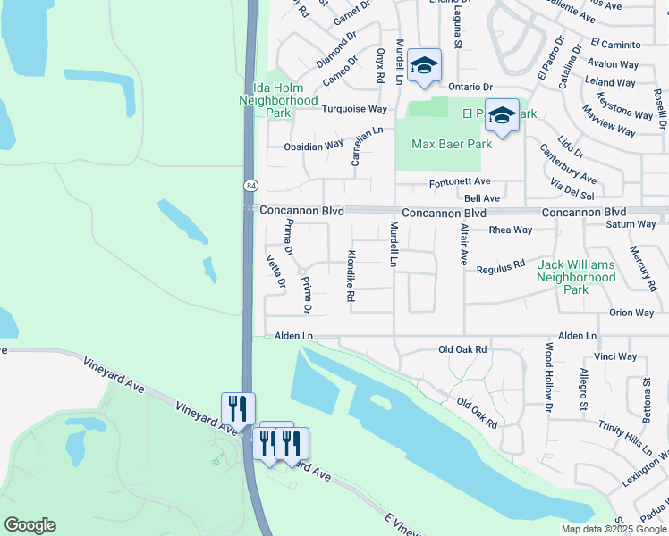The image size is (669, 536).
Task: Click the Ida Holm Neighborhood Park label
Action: (x=278, y=101)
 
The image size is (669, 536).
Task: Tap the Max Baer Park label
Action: (x=452, y=144)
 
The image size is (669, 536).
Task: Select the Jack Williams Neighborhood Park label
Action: (x=576, y=278)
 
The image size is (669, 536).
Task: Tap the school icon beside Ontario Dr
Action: (x=424, y=65)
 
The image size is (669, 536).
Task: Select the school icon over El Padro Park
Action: (x=502, y=116)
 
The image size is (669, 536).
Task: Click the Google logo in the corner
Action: (x=30, y=525)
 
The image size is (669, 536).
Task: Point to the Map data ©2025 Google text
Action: (x=614, y=529)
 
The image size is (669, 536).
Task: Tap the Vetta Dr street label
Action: (x=275, y=272)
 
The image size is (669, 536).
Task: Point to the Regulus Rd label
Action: (x=500, y=268)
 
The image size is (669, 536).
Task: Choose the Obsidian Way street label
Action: (x=313, y=146)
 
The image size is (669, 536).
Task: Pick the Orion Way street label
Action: (x=631, y=313)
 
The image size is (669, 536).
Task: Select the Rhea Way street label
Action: (x=511, y=230)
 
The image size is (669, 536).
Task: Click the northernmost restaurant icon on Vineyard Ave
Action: (x=238, y=407)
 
